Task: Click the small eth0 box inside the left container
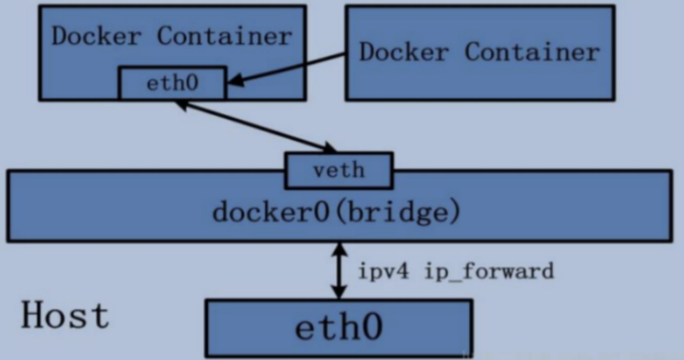pyautogui.click(x=172, y=83)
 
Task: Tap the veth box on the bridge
pyautogui.click(x=339, y=170)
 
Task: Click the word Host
pyautogui.click(x=65, y=315)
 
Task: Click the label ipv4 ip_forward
pyautogui.click(x=455, y=271)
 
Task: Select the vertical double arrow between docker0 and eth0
pyautogui.click(x=339, y=271)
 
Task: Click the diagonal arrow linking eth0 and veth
pyautogui.click(x=255, y=126)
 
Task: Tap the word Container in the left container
pyautogui.click(x=225, y=37)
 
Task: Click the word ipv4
pyautogui.click(x=383, y=271)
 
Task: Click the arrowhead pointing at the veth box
pyautogui.click(x=328, y=148)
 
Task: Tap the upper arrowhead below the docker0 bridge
pyautogui.click(x=339, y=249)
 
